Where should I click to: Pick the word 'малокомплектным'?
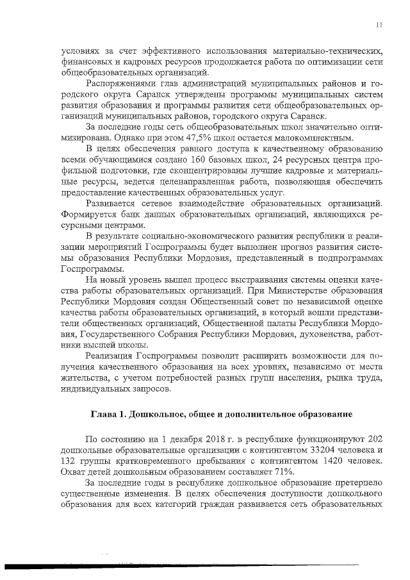[x=311, y=138]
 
